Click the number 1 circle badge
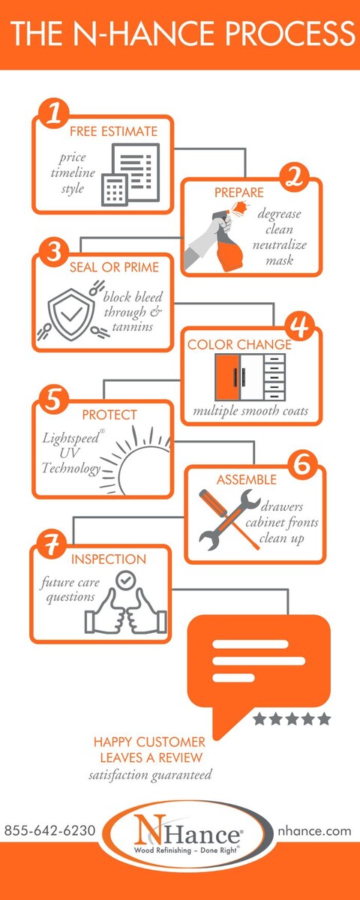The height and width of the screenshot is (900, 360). click(54, 113)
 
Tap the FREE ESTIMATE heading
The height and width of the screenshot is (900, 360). click(114, 131)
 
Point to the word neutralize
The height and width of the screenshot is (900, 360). click(279, 244)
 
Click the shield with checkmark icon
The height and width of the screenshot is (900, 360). click(71, 314)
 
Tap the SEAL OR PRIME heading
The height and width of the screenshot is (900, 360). click(114, 267)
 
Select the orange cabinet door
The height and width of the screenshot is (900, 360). click(228, 377)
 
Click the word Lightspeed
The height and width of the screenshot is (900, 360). click(71, 437)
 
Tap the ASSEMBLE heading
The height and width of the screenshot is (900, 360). click(246, 479)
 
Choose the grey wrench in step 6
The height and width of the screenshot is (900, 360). click(229, 520)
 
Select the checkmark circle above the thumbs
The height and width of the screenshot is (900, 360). click(126, 580)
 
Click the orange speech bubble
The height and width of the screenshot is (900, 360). click(259, 666)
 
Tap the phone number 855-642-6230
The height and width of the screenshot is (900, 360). click(50, 830)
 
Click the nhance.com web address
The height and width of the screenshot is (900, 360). click(314, 830)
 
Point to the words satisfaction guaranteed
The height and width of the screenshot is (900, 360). click(150, 774)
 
